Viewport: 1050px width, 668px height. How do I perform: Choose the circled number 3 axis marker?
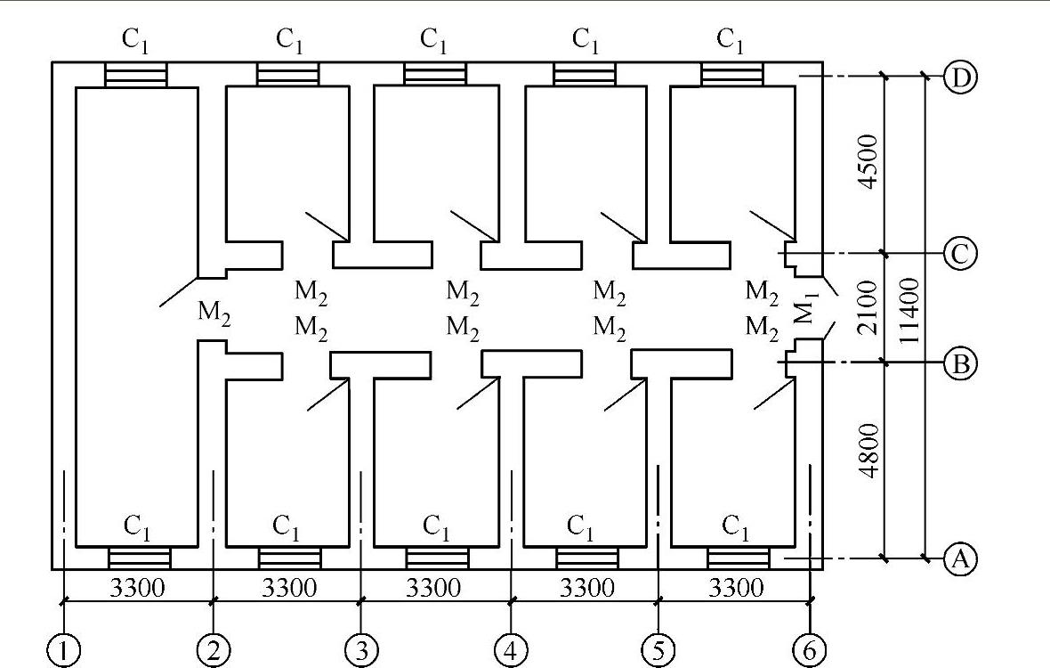pyautogui.click(x=360, y=650)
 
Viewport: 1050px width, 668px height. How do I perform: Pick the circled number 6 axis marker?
pyautogui.click(x=809, y=650)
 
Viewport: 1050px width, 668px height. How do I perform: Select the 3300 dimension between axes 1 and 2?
pyautogui.click(x=137, y=589)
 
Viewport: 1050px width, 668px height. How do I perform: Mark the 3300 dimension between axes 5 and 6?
pyautogui.click(x=737, y=589)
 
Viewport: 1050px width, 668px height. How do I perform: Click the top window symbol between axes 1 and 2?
pyautogui.click(x=136, y=74)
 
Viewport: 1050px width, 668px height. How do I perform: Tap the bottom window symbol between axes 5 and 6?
pyautogui.click(x=739, y=558)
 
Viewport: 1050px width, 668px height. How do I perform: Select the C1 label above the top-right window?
pyautogui.click(x=731, y=40)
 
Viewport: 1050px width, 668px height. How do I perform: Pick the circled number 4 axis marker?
pyautogui.click(x=510, y=650)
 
